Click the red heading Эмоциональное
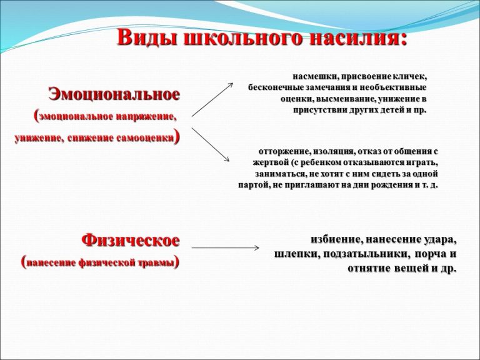click(x=114, y=94)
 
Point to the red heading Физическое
click(x=131, y=240)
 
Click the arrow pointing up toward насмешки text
click(x=212, y=99)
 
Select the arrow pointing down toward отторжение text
click(x=210, y=144)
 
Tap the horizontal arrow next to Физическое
click(x=225, y=247)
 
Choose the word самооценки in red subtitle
click(x=145, y=138)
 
